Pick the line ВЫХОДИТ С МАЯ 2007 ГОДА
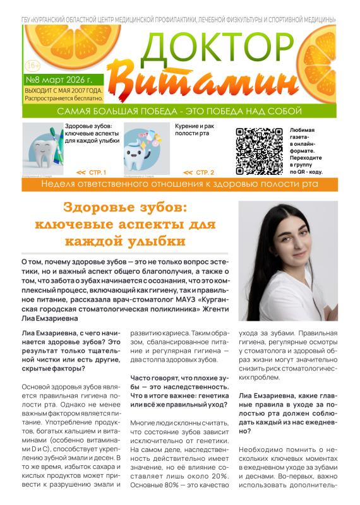(63, 91)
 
